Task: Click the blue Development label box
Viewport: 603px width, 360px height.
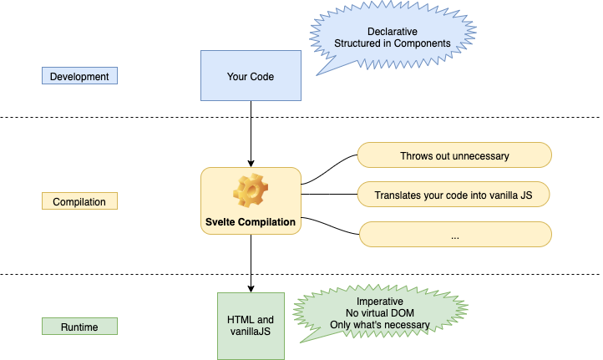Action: click(79, 76)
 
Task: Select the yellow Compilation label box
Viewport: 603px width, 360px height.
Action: click(79, 201)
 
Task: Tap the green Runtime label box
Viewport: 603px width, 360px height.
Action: click(79, 327)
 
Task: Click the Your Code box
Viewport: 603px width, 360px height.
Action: click(251, 76)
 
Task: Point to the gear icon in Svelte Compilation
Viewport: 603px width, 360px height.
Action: click(250, 191)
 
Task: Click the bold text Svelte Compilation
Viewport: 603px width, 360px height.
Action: click(251, 222)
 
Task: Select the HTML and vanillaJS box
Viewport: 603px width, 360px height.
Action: click(251, 325)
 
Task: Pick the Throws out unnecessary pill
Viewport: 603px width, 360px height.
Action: click(454, 155)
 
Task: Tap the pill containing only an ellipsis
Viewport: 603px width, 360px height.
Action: click(454, 235)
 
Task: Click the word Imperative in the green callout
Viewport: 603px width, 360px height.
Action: click(380, 301)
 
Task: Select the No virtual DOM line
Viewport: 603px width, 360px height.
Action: click(380, 312)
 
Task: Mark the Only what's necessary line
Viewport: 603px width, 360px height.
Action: click(380, 324)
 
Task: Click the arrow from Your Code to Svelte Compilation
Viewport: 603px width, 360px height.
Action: click(251, 134)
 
